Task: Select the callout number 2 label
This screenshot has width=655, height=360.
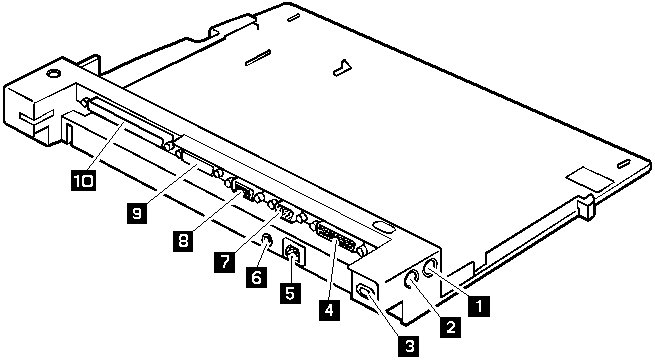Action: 451,326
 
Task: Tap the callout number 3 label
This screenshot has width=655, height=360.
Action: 407,345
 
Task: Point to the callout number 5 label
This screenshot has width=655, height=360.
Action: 289,293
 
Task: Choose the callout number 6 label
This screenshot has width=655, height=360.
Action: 255,277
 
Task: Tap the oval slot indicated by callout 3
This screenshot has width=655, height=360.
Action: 366,292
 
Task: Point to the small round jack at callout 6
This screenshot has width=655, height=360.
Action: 267,241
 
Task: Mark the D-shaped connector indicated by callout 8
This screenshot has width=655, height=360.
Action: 240,187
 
